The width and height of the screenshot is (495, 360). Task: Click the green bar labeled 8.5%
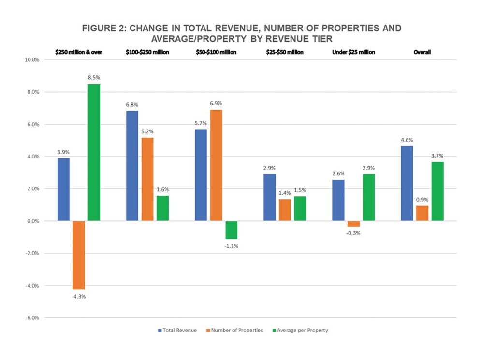tap(94, 152)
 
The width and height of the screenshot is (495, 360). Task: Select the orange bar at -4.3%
tap(78, 255)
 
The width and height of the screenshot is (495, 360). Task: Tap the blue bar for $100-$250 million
tap(132, 166)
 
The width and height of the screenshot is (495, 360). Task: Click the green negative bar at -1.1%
tap(232, 230)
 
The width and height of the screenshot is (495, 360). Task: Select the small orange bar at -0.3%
tap(354, 224)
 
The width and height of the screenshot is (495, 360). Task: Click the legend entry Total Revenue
tap(177, 331)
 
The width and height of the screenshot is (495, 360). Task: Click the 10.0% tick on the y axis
tap(37, 60)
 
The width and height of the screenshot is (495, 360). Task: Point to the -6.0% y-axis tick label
tap(37, 318)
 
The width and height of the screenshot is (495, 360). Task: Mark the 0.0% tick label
tap(38, 221)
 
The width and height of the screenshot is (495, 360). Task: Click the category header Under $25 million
tap(354, 52)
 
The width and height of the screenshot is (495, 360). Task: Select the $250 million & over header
tap(78, 52)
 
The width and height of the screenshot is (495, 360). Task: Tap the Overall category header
tap(422, 52)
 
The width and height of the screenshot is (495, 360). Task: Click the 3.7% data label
tap(437, 156)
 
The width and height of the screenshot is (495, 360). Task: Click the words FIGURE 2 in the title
tap(104, 28)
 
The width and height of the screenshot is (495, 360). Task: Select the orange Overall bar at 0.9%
tap(422, 213)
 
